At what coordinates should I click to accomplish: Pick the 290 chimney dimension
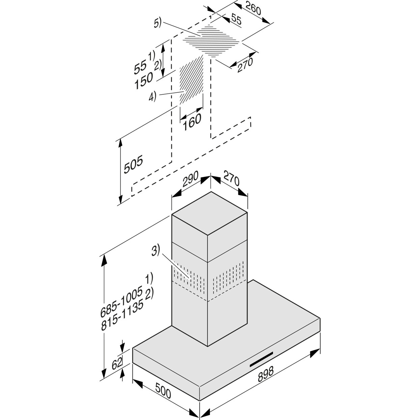(x=190, y=179)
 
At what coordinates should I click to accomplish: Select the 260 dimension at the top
(x=253, y=8)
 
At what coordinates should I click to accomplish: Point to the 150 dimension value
(x=144, y=81)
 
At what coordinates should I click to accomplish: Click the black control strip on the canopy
(x=261, y=359)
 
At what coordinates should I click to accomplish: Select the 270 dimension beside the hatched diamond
(x=245, y=65)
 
